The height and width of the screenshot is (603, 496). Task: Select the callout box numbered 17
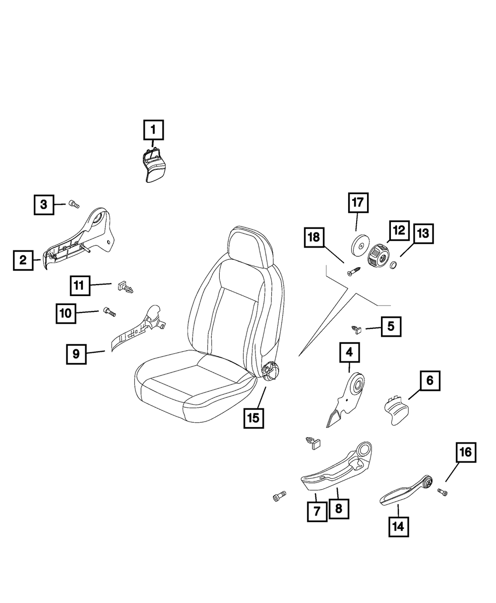coord(358,203)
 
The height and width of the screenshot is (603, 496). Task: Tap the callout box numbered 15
coord(253,418)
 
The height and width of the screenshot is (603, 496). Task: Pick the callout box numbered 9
coord(76,354)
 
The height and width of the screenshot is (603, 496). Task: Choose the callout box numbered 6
coord(430,381)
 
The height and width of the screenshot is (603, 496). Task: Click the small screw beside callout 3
coord(74,204)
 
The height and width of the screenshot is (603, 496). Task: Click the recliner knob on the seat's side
coord(271,372)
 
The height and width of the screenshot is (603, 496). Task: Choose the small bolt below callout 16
coord(442,492)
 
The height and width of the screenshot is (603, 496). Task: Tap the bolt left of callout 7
coord(279,496)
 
